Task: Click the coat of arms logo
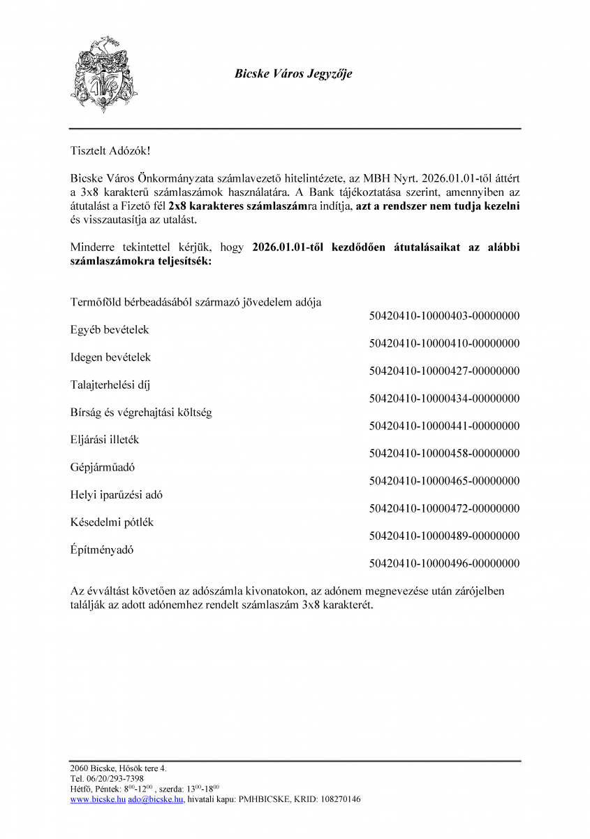click(x=103, y=74)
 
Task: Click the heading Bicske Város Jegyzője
click(x=293, y=73)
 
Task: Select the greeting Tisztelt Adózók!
click(x=110, y=150)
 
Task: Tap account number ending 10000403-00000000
click(x=444, y=316)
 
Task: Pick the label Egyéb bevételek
click(x=110, y=329)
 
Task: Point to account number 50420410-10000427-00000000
click(x=444, y=371)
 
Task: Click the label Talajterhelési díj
click(x=110, y=385)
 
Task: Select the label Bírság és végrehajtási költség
click(x=141, y=413)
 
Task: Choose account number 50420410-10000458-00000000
click(x=444, y=454)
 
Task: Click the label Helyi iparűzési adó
click(x=117, y=495)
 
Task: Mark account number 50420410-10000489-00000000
click(x=444, y=536)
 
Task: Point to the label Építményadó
click(x=102, y=550)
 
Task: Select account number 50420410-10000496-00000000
click(x=444, y=564)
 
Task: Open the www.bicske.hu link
click(x=98, y=799)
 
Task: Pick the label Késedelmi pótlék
click(x=112, y=522)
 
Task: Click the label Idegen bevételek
click(x=110, y=357)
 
